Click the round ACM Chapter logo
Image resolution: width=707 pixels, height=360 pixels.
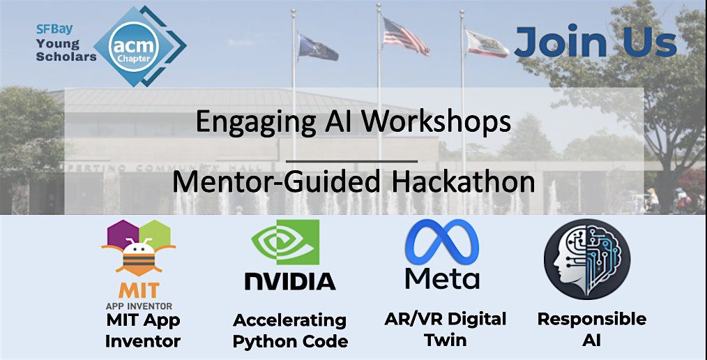point(134,47)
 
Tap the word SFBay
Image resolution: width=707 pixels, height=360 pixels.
point(54,29)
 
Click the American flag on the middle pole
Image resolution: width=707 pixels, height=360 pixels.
point(406,36)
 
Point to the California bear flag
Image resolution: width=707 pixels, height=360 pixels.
point(487,44)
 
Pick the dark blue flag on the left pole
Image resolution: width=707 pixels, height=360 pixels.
point(318,48)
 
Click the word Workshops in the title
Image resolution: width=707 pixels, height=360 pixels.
point(436,122)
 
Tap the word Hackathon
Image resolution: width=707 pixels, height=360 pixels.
point(463,181)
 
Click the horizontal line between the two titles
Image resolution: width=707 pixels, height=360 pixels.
point(351,160)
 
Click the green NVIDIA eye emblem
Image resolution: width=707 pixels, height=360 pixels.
point(285,242)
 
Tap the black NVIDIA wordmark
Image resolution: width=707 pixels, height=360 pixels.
point(290,280)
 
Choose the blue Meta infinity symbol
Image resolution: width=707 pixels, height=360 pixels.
point(442,242)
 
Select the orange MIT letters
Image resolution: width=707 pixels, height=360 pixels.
point(139,290)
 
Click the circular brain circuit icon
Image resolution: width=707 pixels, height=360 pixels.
point(587,259)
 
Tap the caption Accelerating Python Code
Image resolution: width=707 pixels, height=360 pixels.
point(290,331)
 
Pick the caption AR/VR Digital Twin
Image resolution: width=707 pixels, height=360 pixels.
point(446,329)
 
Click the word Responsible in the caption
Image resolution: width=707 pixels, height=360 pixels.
point(591,319)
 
